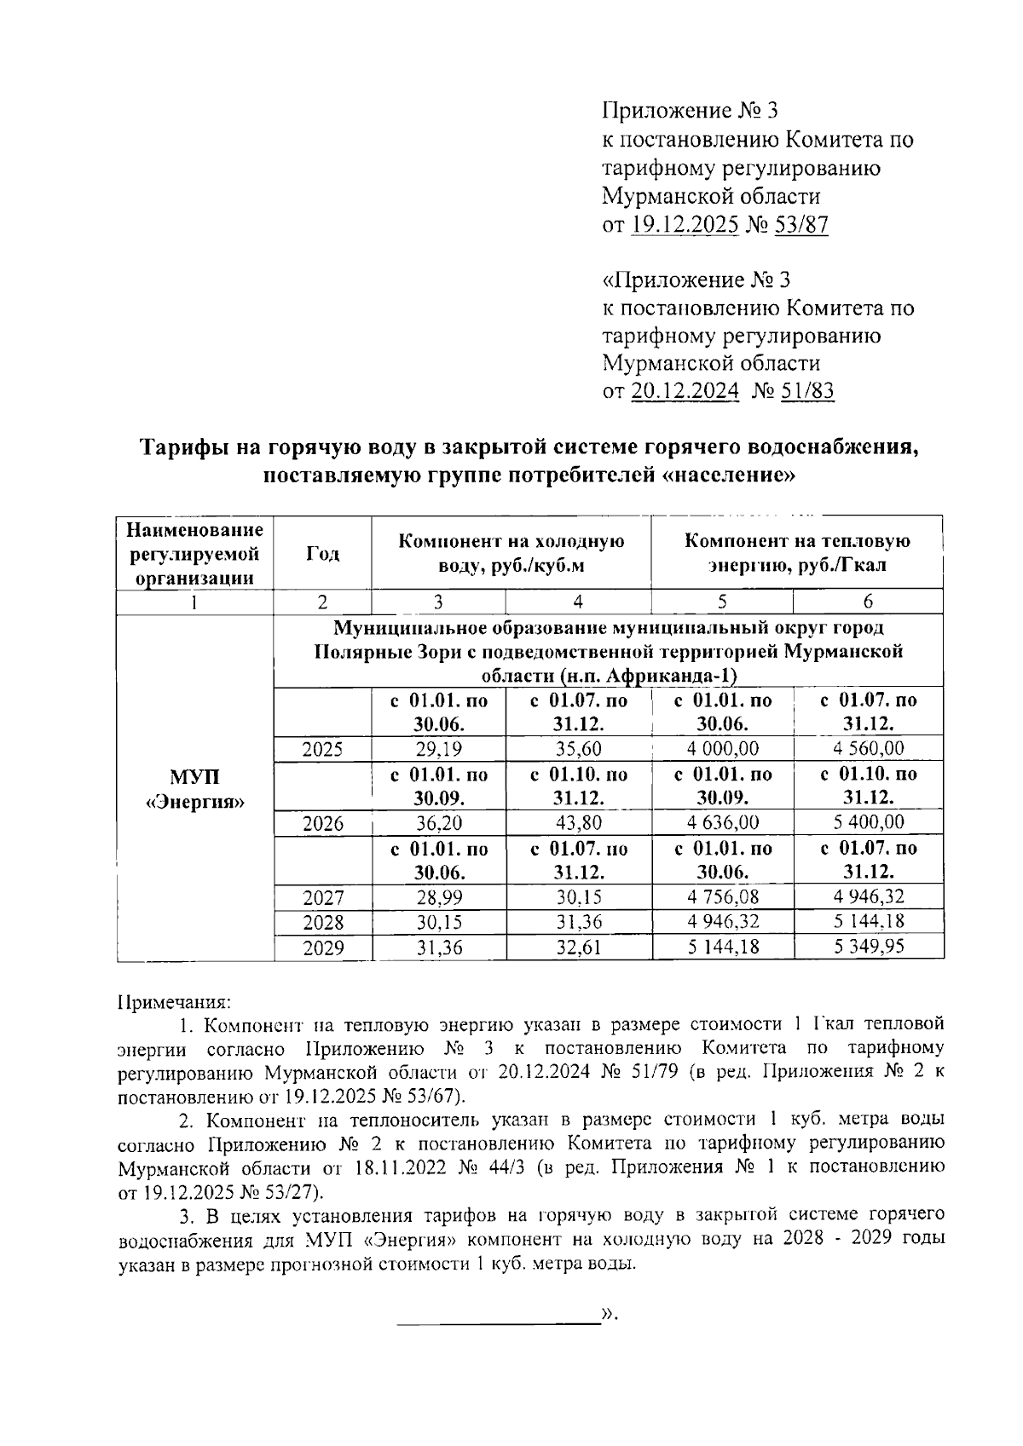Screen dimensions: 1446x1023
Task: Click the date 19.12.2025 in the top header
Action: [x=685, y=225]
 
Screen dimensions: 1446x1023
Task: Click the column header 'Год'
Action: [x=322, y=553]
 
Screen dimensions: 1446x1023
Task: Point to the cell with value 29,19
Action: [x=438, y=749]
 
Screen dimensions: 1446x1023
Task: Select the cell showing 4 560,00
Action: [x=868, y=749]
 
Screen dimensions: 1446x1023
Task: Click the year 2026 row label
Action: [x=322, y=823]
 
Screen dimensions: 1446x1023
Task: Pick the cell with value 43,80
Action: [x=578, y=823]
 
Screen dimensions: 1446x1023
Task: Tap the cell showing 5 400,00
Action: [x=868, y=823]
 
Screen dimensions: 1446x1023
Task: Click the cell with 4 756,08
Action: [x=721, y=897]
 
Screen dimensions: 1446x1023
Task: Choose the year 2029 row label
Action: [x=322, y=947]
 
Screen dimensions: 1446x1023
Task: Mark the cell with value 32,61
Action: [x=578, y=947]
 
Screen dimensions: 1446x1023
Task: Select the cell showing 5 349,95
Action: [x=868, y=947]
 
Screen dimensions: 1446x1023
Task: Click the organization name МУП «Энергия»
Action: [x=195, y=790]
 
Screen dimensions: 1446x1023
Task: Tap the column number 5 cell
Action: [x=721, y=602]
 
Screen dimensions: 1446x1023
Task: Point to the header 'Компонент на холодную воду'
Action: [x=511, y=553]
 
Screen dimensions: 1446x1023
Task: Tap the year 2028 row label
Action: [x=322, y=922]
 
